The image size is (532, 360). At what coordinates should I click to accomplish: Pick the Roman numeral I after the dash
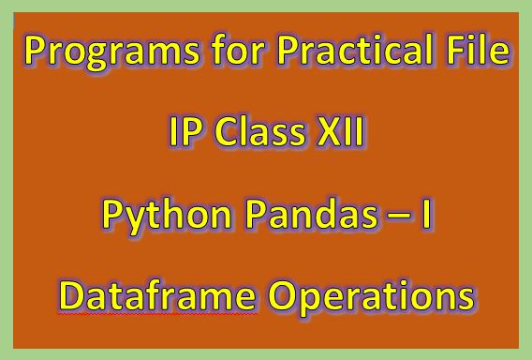tap(426, 217)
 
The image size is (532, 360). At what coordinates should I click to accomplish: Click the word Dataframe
tap(156, 297)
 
